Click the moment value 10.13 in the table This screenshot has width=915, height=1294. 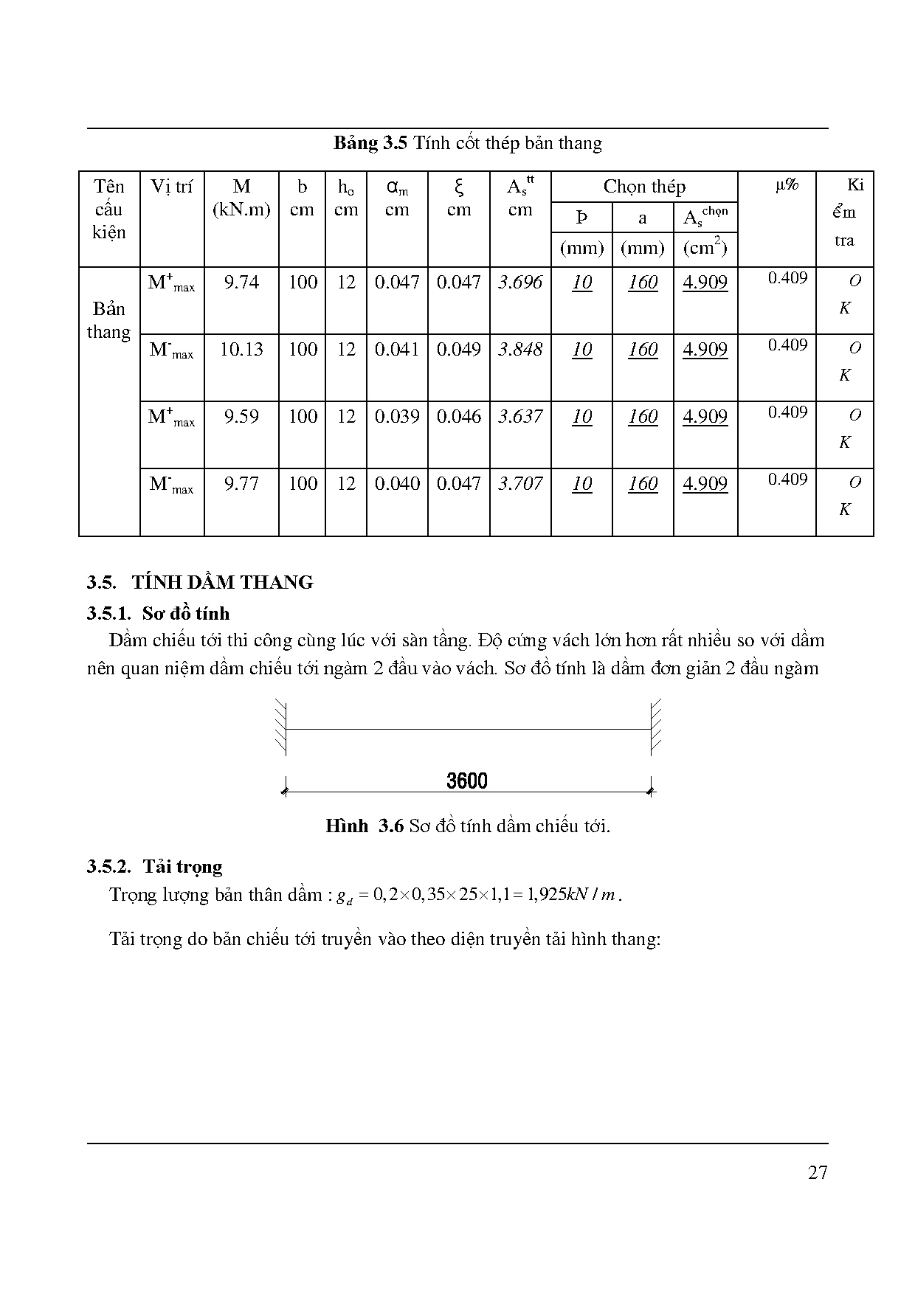[241, 350]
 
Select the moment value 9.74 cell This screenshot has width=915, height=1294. [241, 283]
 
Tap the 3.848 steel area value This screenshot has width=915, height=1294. [520, 350]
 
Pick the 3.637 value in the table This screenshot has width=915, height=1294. [520, 417]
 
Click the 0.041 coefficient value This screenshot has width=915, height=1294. [397, 350]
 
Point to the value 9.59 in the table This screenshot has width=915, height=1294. [241, 417]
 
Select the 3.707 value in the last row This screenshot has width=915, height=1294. [520, 484]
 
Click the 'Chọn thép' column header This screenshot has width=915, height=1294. [644, 187]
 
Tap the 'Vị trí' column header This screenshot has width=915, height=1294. [171, 187]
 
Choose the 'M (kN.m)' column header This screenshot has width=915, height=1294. [241, 198]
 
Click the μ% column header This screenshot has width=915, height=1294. [787, 184]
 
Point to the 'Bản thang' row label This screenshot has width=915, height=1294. [108, 320]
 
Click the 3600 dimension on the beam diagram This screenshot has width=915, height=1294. [467, 781]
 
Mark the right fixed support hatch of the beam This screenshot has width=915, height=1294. [656, 727]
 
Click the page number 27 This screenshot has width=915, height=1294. [818, 1172]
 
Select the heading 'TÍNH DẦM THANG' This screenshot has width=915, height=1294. [222, 582]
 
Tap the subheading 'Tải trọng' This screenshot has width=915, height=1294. [182, 866]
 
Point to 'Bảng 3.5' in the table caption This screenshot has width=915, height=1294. [370, 143]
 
